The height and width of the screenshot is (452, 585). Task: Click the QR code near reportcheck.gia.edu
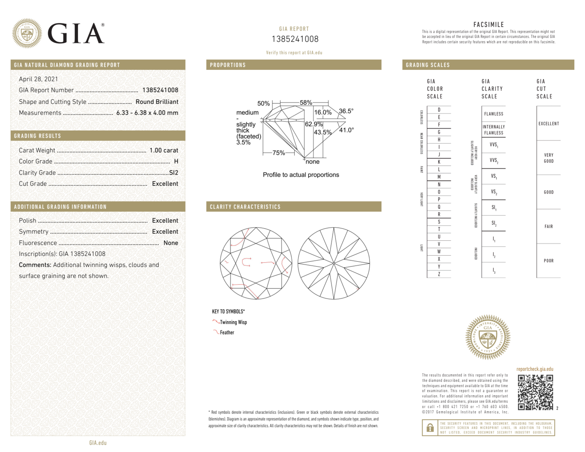coord(535,392)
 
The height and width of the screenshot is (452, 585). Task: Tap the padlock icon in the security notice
coord(430,428)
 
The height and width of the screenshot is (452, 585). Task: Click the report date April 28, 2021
coord(38,79)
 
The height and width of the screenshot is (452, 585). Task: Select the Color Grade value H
coord(176,161)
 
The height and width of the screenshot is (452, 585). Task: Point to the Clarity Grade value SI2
coord(174,172)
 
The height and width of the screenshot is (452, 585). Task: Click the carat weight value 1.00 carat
coord(164,150)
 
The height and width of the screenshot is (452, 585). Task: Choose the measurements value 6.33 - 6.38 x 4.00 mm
coord(147,113)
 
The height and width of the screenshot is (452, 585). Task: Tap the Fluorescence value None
coord(171,243)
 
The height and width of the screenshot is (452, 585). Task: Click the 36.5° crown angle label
coord(346,111)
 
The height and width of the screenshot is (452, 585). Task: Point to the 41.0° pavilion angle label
coord(346,130)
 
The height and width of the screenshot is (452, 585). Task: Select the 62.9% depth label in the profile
coord(313,124)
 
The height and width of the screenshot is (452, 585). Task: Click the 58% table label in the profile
coord(306,103)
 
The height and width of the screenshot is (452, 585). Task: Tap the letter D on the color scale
coord(439,110)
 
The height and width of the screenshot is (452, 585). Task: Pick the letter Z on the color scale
coord(439,274)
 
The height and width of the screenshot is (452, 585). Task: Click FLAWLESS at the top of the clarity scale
coord(493,114)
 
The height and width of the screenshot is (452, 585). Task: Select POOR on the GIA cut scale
coord(548,261)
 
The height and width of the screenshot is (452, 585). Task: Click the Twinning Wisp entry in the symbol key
coord(233,322)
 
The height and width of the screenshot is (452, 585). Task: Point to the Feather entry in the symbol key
coord(227,332)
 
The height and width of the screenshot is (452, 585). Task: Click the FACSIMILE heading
coord(489,25)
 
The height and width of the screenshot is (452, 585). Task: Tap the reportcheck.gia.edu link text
coord(535,369)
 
